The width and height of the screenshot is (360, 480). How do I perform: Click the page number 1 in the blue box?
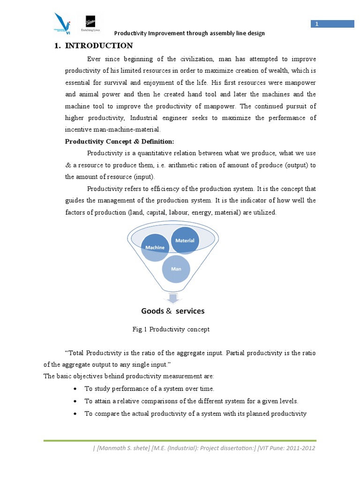click(x=316, y=24)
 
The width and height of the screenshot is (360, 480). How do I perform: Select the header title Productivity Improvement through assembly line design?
click(x=190, y=33)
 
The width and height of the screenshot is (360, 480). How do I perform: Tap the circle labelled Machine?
click(x=155, y=247)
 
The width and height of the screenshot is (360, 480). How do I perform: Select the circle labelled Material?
click(x=185, y=240)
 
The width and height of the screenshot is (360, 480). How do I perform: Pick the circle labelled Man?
click(x=176, y=269)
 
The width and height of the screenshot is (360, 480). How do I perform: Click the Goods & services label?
click(x=173, y=311)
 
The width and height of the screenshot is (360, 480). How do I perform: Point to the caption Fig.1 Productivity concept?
click(x=171, y=330)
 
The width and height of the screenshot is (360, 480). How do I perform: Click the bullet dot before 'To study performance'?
click(x=76, y=389)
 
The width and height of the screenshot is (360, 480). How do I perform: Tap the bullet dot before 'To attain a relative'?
click(x=76, y=401)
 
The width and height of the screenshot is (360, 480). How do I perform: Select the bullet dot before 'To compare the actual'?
click(x=76, y=413)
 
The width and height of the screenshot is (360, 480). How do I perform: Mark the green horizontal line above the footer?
click(x=180, y=440)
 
